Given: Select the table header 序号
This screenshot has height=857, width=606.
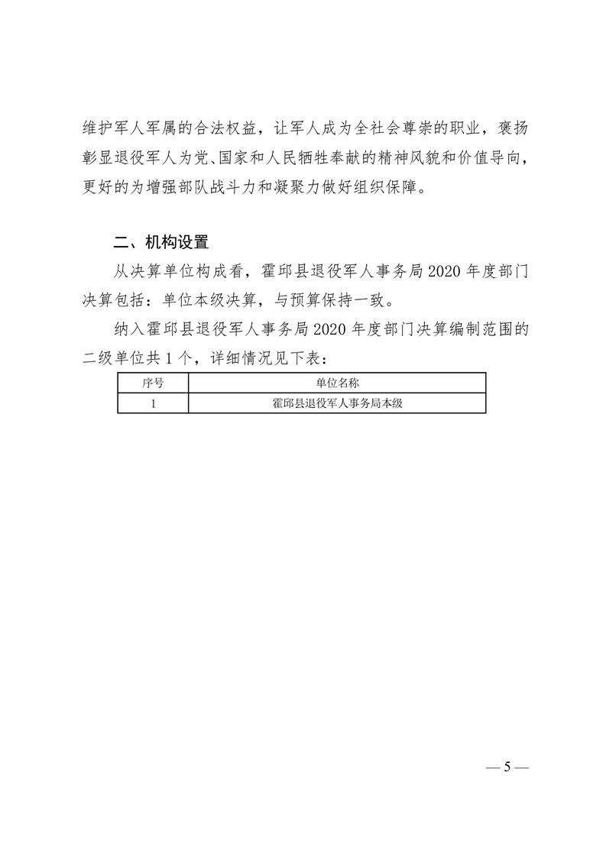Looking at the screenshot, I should [x=153, y=382].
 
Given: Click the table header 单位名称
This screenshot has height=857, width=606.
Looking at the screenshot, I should [x=337, y=382].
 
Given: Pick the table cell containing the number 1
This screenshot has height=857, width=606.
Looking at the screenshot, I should [x=153, y=403].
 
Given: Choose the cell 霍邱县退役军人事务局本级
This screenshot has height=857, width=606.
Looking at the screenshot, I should [x=337, y=403].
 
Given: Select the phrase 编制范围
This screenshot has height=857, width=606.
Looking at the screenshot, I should [x=475, y=328].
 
